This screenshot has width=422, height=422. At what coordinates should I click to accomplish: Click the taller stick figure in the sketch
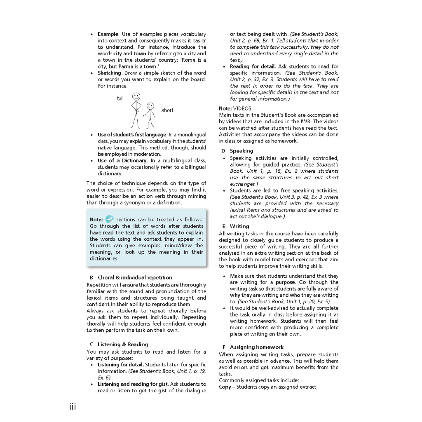click(136, 110)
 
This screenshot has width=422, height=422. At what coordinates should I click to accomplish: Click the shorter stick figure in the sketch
click(150, 115)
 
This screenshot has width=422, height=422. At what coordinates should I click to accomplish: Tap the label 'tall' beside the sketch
click(120, 98)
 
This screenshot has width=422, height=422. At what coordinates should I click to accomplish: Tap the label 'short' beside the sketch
click(167, 110)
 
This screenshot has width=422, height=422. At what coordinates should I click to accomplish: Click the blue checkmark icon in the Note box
click(110, 219)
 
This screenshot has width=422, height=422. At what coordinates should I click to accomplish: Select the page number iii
click(73, 407)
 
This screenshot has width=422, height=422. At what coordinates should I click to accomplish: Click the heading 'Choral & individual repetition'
click(135, 277)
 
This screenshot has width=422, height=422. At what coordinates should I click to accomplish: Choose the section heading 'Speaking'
click(241, 151)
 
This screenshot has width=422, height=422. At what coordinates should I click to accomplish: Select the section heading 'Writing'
click(239, 226)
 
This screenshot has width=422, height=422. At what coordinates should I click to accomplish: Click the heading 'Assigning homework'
click(257, 347)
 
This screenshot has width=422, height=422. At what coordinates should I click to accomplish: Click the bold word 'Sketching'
click(109, 73)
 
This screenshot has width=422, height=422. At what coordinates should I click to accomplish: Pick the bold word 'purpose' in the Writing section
click(285, 282)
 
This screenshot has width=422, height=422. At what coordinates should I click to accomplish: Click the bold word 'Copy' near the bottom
click(225, 387)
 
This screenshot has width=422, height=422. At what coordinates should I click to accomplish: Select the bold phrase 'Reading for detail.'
click(253, 66)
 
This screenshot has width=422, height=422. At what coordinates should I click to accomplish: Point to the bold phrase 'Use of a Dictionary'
click(122, 160)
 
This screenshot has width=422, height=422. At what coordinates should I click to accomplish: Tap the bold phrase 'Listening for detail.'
click(121, 364)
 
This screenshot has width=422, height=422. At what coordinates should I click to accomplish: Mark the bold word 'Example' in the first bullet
click(108, 34)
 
